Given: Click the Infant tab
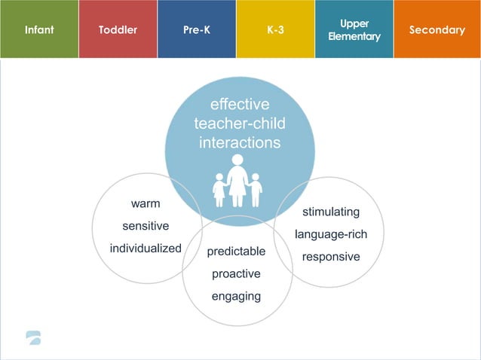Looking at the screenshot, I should click(38, 30).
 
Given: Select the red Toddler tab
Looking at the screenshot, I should click(118, 30).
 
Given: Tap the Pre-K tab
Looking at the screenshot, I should click(196, 30).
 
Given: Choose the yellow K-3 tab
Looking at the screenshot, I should click(275, 30).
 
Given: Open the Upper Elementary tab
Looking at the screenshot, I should click(354, 30).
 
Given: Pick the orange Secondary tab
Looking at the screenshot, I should click(437, 30).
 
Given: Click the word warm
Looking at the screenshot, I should click(146, 203).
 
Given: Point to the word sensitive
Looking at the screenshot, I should click(146, 226).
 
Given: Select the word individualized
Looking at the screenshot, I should click(146, 248).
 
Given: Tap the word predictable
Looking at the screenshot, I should click(236, 252).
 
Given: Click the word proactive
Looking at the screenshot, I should click(236, 273).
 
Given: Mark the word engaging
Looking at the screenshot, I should click(236, 296).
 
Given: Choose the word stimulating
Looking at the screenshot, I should click(331, 212).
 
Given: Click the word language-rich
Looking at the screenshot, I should click(331, 234).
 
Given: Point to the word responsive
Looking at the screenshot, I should click(331, 256).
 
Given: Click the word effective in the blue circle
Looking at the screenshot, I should click(240, 105).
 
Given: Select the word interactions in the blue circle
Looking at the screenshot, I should click(240, 142).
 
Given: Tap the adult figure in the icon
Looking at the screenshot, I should click(237, 181).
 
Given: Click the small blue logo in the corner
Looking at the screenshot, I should click(33, 337).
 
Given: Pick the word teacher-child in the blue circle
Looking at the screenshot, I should click(240, 124).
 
